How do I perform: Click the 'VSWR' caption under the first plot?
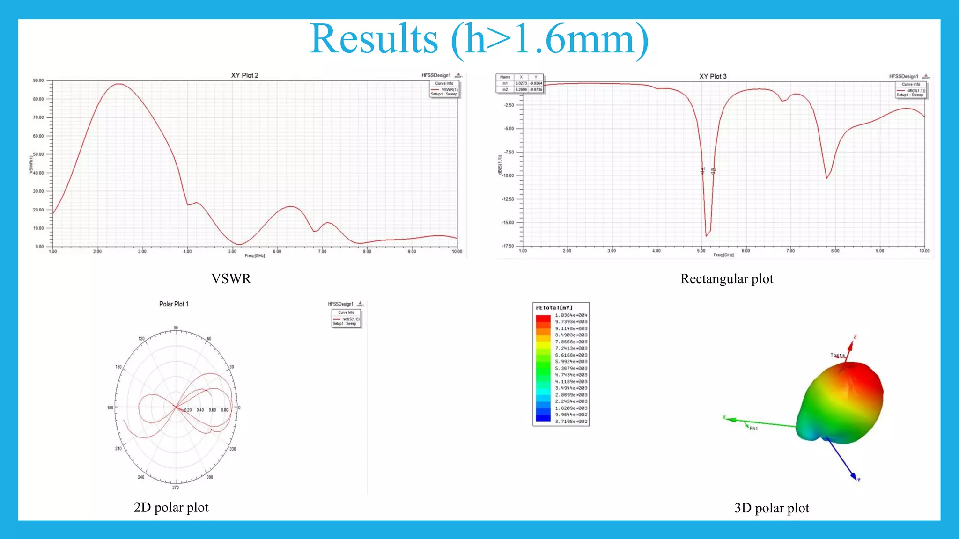(231, 279)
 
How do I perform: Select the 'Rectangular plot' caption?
(726, 279)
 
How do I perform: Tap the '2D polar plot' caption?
(171, 508)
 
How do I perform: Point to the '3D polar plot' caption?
(771, 508)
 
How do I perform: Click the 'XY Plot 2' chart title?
(244, 75)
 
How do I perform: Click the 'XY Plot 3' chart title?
(713, 76)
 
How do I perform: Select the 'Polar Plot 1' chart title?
(174, 304)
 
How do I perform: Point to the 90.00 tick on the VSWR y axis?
(38, 80)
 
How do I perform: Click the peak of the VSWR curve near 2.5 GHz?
(119, 84)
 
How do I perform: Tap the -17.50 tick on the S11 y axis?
(508, 246)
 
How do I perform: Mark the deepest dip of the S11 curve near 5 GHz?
(706, 235)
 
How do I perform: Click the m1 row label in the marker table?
(505, 83)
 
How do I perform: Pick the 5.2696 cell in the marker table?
(521, 89)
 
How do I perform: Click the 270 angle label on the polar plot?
(175, 488)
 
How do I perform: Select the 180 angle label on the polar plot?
(110, 408)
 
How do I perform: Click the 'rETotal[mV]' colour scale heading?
(554, 308)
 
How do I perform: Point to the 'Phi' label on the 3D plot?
(753, 428)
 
